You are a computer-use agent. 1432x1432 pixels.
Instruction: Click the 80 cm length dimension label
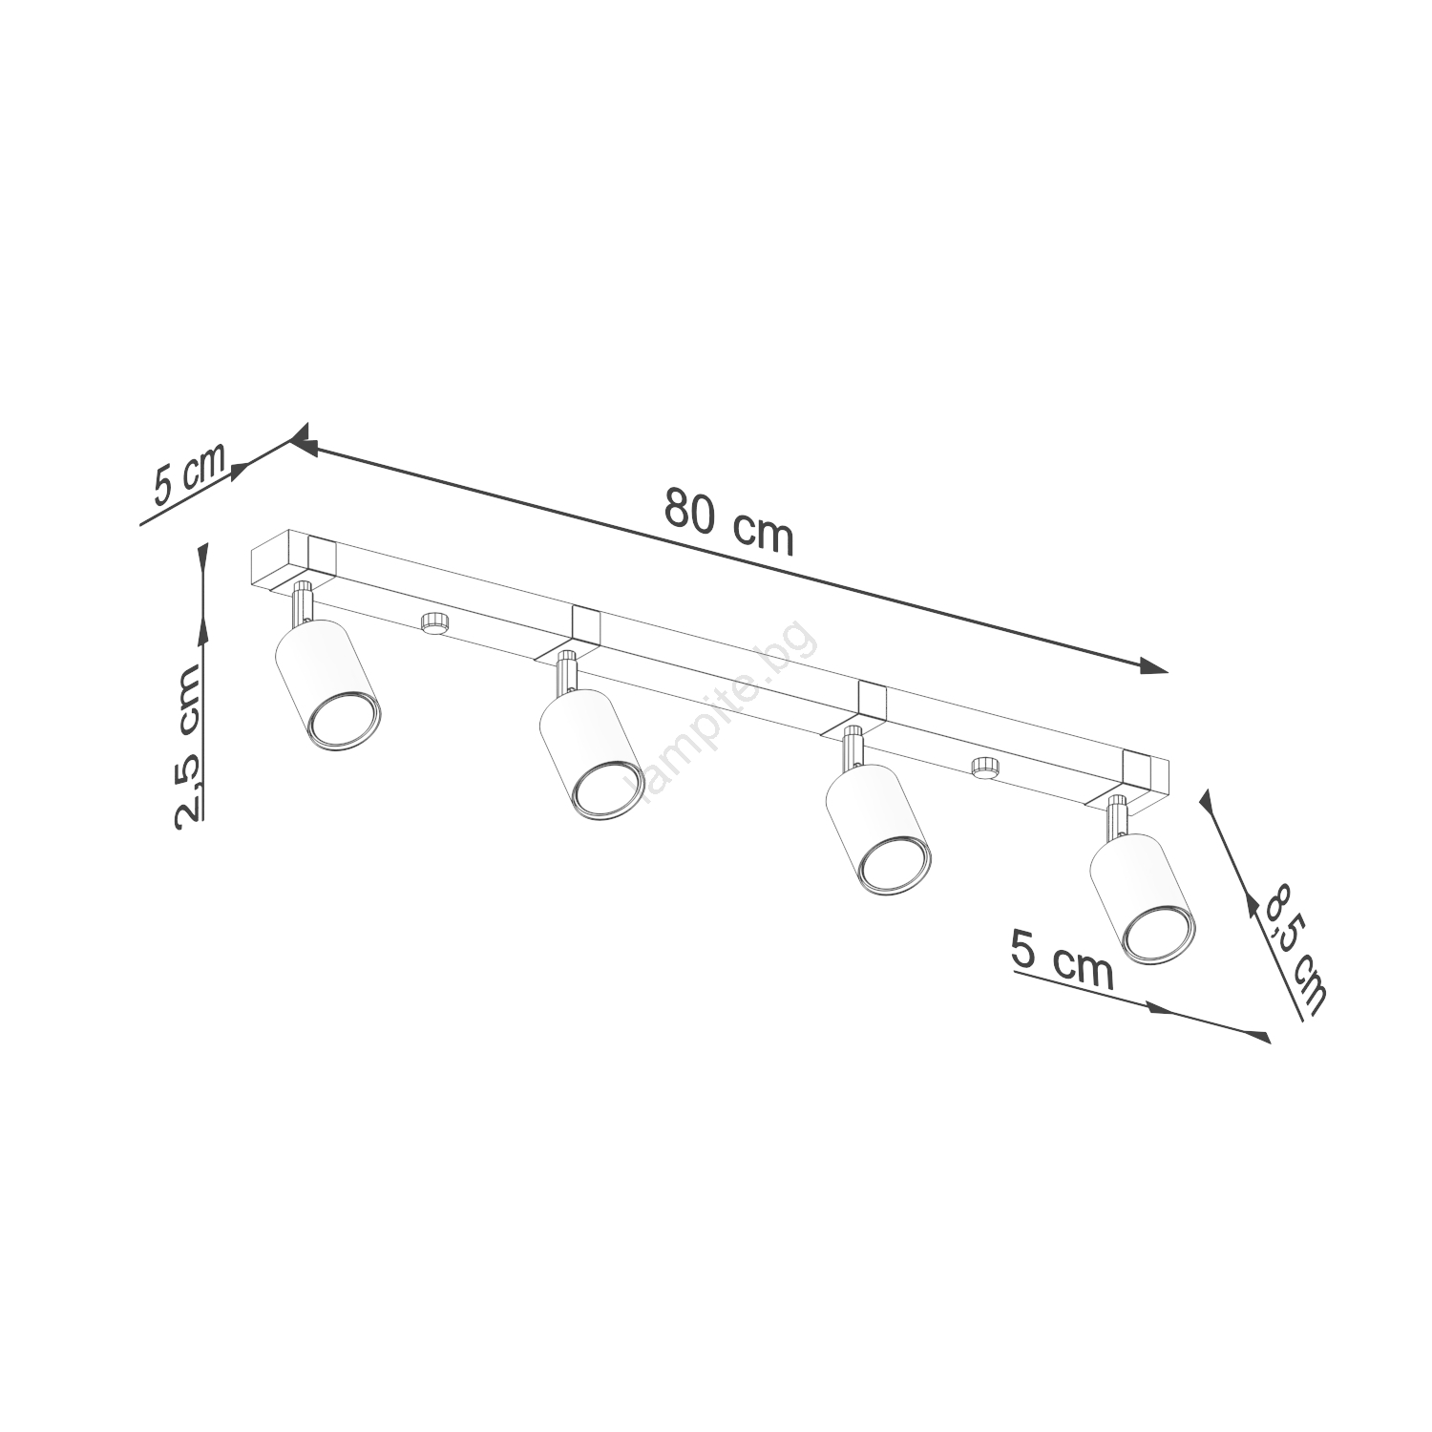(729, 520)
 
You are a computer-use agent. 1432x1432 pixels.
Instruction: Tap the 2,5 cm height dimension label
(188, 744)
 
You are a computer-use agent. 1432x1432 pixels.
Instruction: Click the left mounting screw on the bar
(434, 621)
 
